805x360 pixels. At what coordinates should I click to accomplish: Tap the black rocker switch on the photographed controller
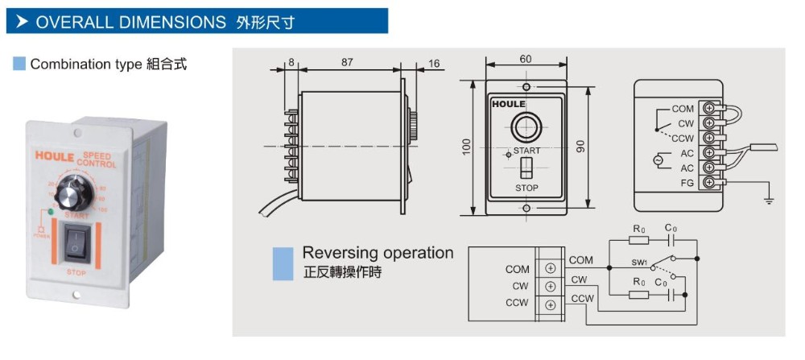coord(75,245)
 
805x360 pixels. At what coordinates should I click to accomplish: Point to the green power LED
coord(52,213)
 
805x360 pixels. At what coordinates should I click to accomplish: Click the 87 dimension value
coord(347,62)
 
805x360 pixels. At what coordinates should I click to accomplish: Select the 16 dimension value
coord(434,63)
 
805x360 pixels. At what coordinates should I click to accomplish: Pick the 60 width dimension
coord(526,59)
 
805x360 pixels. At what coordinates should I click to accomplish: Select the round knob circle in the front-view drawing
coord(526,127)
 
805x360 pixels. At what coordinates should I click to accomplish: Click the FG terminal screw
coord(709,183)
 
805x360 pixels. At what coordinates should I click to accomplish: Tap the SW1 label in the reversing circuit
coord(639,262)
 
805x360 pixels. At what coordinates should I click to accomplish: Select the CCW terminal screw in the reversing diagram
coord(551,305)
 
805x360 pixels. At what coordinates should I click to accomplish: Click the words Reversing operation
coord(378,253)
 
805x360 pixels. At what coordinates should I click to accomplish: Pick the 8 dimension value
coord(291,62)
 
